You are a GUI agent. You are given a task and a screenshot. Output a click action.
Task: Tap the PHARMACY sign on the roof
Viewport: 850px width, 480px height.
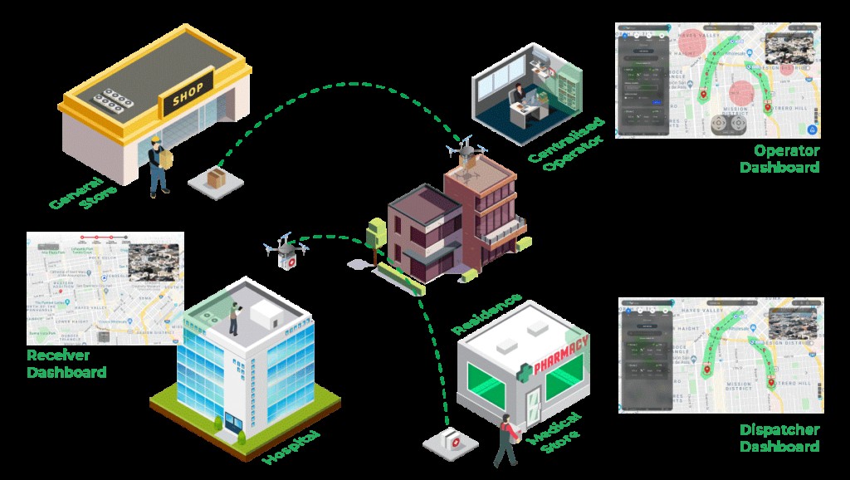561,355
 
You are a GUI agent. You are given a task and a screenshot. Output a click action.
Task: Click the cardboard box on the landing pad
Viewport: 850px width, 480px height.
217,178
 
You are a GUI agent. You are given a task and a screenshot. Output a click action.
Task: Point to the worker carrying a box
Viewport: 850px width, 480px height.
159,164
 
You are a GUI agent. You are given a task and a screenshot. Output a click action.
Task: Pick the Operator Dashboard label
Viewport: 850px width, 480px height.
785,159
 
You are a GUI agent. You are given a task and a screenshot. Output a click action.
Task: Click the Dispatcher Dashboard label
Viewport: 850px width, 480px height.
779,438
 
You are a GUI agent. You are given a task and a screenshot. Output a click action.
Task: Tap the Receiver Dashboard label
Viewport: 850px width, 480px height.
66,364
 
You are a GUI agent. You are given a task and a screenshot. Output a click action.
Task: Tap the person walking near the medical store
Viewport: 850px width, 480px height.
506,438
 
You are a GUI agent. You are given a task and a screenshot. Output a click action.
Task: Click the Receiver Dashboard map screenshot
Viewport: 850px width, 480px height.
105,288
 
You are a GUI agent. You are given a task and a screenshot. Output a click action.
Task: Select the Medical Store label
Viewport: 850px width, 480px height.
553,432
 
